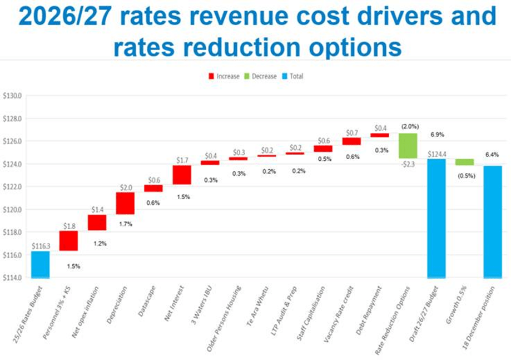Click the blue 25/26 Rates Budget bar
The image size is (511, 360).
click(x=40, y=264)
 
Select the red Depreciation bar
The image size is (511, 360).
click(x=125, y=203)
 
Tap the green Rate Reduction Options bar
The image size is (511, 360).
click(x=408, y=146)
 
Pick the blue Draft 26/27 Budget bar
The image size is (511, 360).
click(x=436, y=218)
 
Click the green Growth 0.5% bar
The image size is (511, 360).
click(x=464, y=162)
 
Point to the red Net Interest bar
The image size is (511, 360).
click(x=182, y=175)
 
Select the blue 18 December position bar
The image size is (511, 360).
click(x=493, y=221)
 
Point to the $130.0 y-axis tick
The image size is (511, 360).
click(x=12, y=96)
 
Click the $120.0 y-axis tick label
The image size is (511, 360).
click(x=12, y=210)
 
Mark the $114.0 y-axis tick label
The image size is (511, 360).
click(x=12, y=278)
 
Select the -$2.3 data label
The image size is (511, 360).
click(x=408, y=164)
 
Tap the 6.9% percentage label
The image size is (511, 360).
click(x=437, y=135)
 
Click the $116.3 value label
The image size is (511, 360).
click(x=41, y=245)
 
